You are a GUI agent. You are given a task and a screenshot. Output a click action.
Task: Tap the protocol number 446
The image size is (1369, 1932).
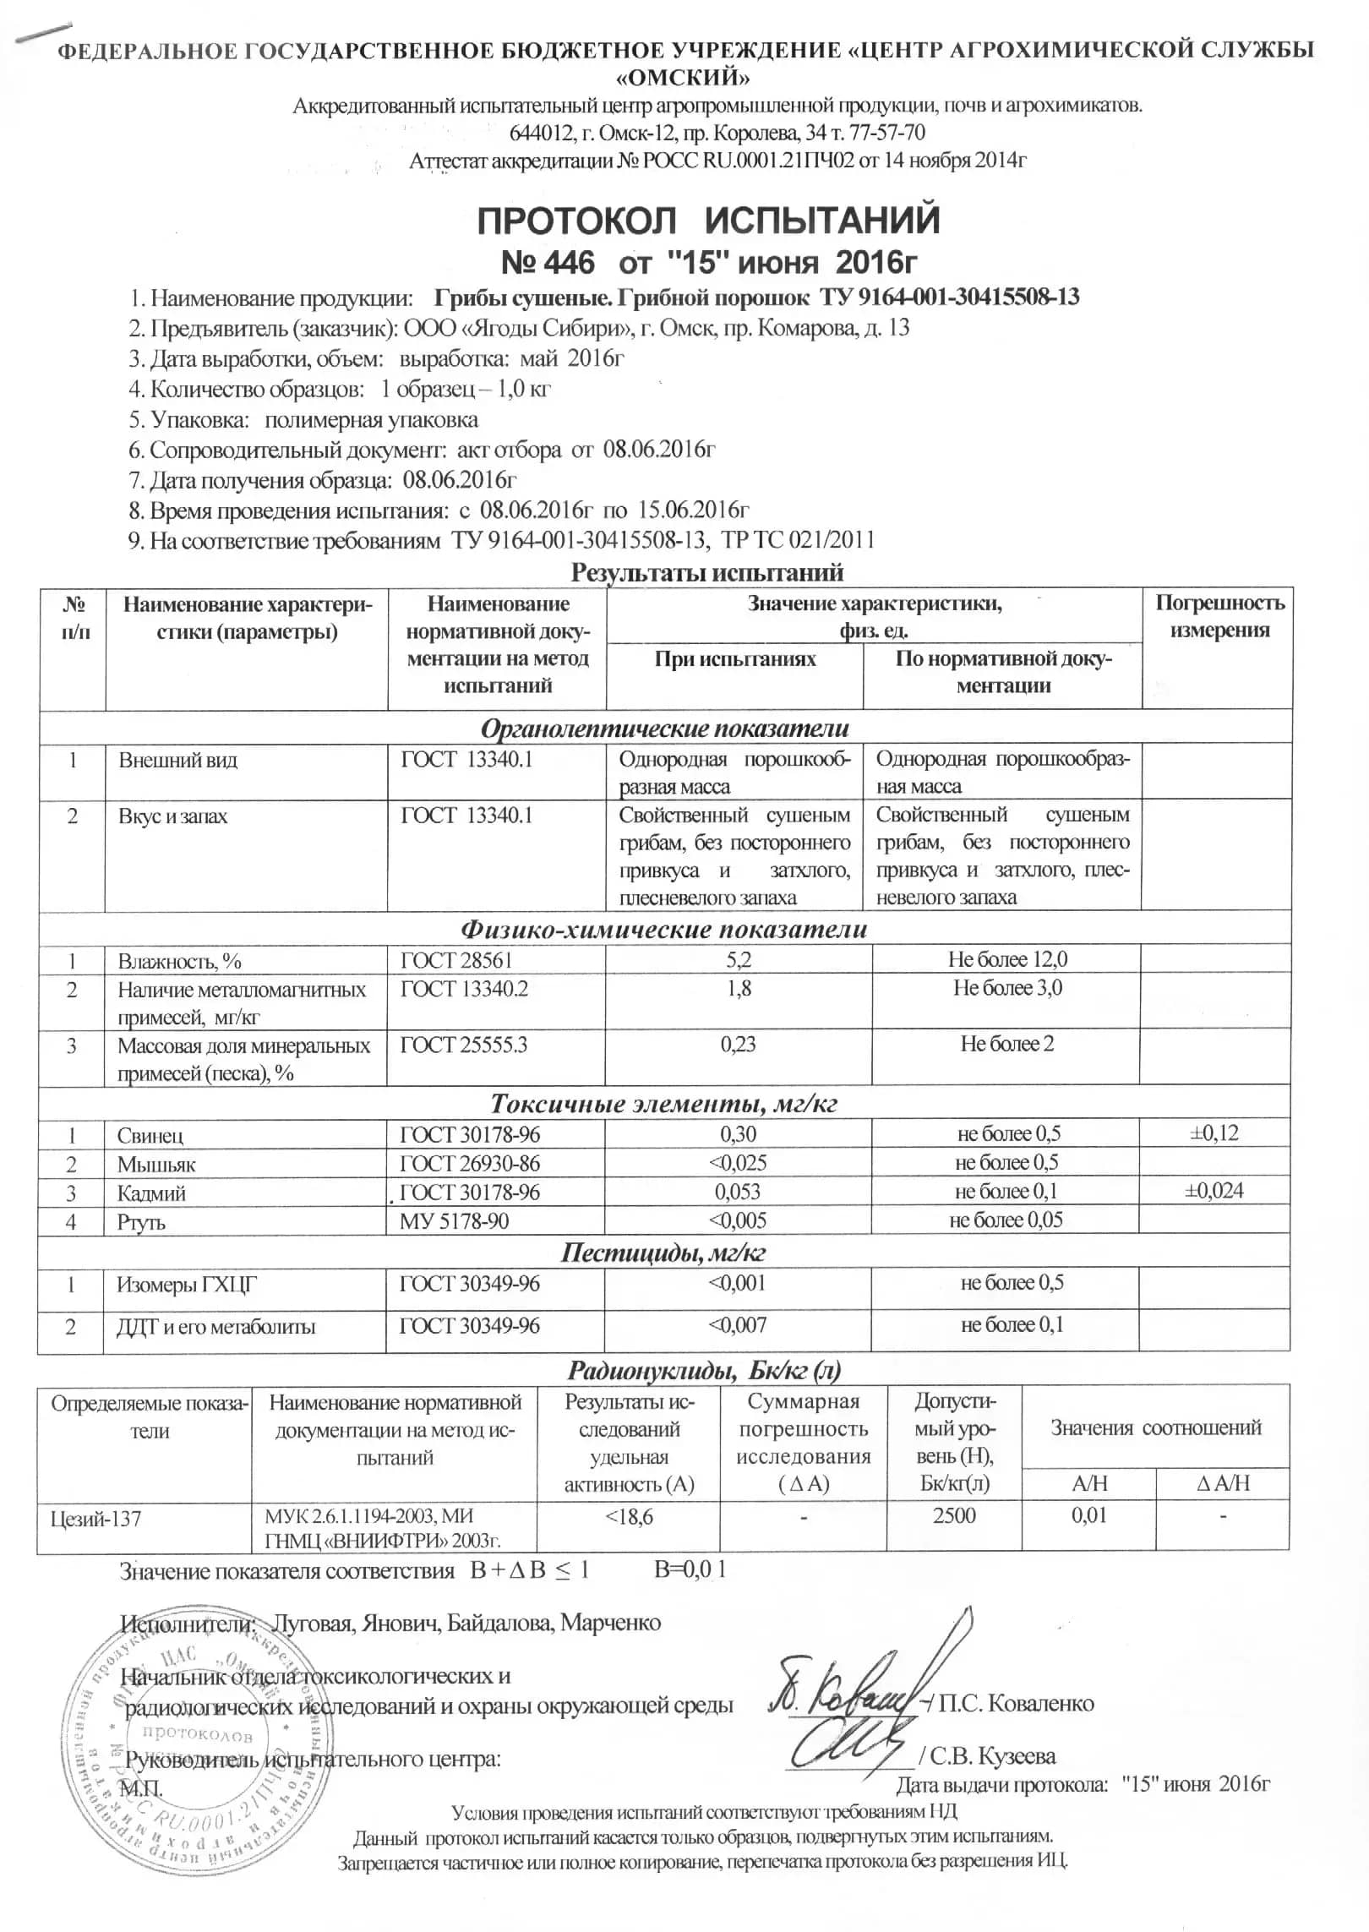tap(562, 263)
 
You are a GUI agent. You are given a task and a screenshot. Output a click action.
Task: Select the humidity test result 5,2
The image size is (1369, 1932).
tap(739, 959)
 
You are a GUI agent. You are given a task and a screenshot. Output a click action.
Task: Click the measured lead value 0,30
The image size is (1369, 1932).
tap(738, 1134)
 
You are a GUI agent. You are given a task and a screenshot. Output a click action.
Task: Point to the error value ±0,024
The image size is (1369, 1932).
tap(1214, 1191)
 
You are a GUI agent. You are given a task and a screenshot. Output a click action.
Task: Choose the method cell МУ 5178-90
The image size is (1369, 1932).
tap(454, 1220)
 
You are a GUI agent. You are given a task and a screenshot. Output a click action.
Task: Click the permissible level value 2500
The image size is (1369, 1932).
tap(954, 1514)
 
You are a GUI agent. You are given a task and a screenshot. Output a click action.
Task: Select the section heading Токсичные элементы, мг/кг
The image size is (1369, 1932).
tap(664, 1104)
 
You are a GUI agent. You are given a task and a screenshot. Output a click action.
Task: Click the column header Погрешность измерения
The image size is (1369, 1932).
tap(1219, 616)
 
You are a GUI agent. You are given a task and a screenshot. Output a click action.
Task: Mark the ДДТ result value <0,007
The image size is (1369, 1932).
tap(738, 1324)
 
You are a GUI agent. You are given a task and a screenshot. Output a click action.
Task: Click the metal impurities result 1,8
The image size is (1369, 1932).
tap(739, 988)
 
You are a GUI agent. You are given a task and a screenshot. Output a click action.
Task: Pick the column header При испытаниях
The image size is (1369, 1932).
tap(734, 658)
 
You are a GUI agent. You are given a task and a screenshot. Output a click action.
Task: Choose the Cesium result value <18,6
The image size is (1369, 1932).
tap(629, 1516)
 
